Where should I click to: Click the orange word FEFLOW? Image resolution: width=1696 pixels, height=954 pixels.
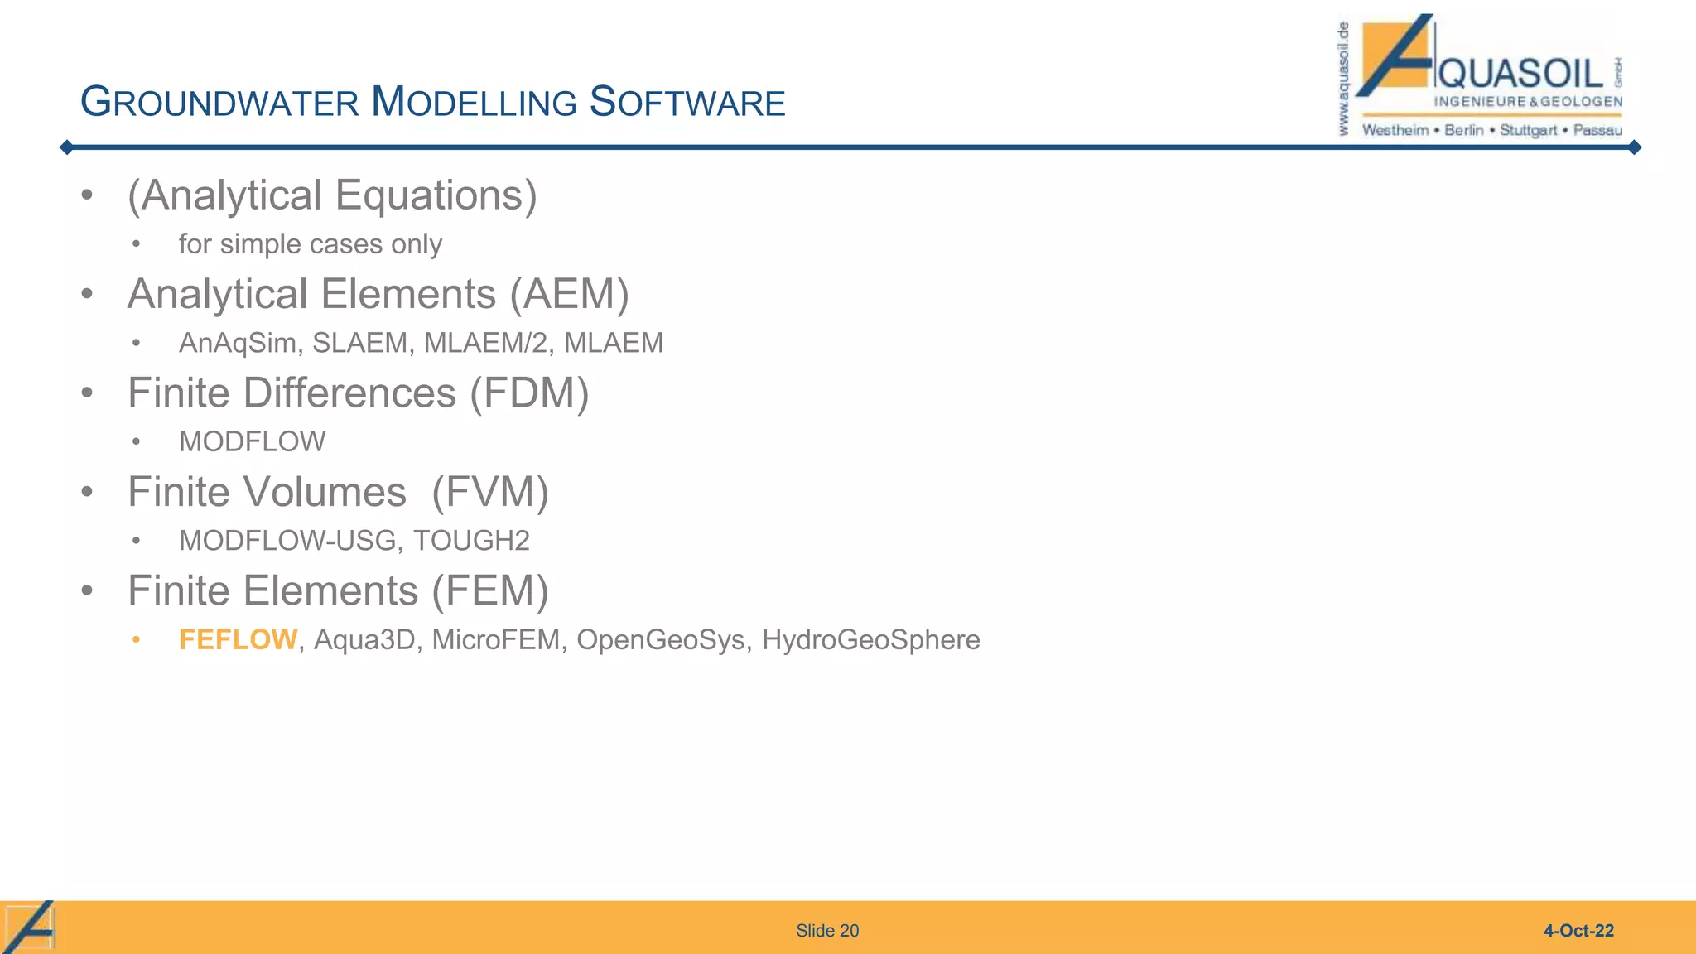coord(238,640)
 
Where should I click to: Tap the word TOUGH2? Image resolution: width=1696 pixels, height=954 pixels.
coord(471,541)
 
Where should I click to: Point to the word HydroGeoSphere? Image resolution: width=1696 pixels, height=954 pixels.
coord(870,640)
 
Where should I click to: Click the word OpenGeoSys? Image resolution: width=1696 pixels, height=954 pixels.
coord(660,640)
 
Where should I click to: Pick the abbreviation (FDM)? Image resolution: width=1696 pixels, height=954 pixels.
coord(529,393)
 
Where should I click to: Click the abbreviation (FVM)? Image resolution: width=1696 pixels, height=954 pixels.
coord(490,492)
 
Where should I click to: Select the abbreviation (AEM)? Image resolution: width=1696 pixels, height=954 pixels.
coord(569,295)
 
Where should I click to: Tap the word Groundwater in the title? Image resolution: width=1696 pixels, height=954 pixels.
coord(219,103)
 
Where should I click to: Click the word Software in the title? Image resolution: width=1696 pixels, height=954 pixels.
coord(687,103)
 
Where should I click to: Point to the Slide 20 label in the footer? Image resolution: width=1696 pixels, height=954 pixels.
coord(827,931)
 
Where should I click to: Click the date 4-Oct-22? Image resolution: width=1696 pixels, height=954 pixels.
coord(1578,931)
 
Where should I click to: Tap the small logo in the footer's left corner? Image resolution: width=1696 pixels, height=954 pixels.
coord(30,927)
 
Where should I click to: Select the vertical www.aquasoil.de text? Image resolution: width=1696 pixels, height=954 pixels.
coord(1343,79)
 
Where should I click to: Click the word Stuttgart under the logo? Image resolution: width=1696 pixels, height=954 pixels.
coord(1528,130)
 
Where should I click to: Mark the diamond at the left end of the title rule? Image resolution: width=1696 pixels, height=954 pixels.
coord(67,147)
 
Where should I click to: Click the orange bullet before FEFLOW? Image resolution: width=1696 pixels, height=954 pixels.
coord(137,640)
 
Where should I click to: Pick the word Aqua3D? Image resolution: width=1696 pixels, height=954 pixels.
coord(364,640)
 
